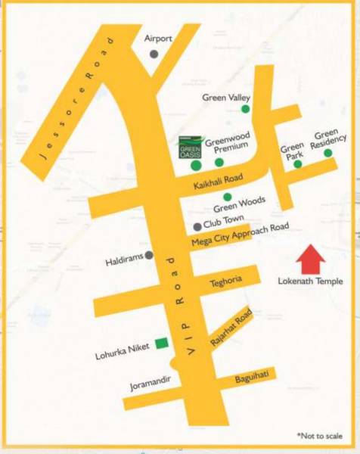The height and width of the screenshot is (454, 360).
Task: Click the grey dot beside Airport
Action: pyautogui.click(x=154, y=54)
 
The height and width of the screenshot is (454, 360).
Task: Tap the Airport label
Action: pyautogui.click(x=159, y=39)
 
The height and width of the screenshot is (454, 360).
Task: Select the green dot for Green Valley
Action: pyautogui.click(x=245, y=110)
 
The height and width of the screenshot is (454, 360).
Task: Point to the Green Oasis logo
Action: pyautogui.click(x=191, y=145)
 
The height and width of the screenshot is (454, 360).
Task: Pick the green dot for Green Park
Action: pyautogui.click(x=298, y=163)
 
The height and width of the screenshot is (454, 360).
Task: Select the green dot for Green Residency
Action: pyautogui.click(x=328, y=153)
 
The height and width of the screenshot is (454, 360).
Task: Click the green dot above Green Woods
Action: pyautogui.click(x=227, y=197)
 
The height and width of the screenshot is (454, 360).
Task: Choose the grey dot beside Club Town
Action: pyautogui.click(x=197, y=226)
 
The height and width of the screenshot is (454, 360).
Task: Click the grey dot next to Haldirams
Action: pyautogui.click(x=149, y=255)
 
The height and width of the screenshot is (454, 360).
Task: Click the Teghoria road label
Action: pyautogui.click(x=225, y=280)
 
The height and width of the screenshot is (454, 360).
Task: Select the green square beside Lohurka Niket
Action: pyautogui.click(x=160, y=344)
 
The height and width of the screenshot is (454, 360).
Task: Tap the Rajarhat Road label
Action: pyautogui.click(x=231, y=329)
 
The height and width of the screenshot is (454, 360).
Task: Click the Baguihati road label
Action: pyautogui.click(x=253, y=376)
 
